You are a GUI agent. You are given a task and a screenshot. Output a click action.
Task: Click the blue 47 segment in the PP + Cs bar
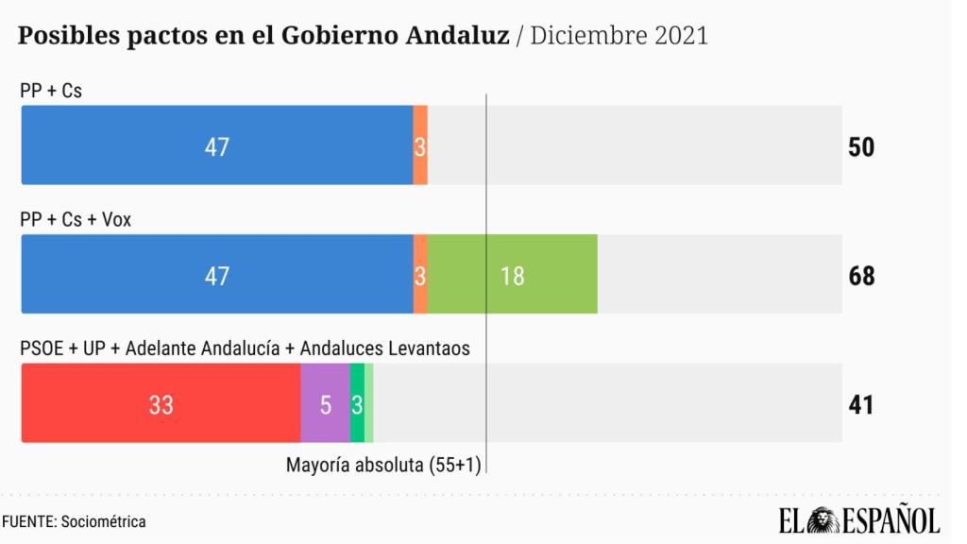coord(217,145)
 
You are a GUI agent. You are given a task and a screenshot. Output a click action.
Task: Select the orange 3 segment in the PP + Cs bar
coord(420,145)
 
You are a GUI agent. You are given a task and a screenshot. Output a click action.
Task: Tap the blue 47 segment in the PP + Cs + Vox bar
coord(217,275)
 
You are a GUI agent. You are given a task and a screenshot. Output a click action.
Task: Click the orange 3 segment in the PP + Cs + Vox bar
coord(420,275)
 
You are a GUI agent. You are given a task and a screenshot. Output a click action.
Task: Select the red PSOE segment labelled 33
coord(161,403)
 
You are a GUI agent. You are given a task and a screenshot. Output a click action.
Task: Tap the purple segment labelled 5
coord(325,403)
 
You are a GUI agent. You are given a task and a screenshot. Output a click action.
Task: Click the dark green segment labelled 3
coord(357,403)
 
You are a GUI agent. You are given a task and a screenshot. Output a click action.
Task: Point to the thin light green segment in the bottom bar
coord(369,403)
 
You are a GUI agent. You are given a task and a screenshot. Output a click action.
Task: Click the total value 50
coord(861,147)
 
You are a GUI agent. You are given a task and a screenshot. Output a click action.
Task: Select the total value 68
coord(861,276)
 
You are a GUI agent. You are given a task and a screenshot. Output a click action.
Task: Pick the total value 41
coord(860,404)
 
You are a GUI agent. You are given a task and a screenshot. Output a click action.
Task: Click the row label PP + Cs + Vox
coord(76,219)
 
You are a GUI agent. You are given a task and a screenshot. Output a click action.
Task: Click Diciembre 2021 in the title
coord(619,36)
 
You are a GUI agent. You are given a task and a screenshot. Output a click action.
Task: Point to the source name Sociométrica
coord(103,521)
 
